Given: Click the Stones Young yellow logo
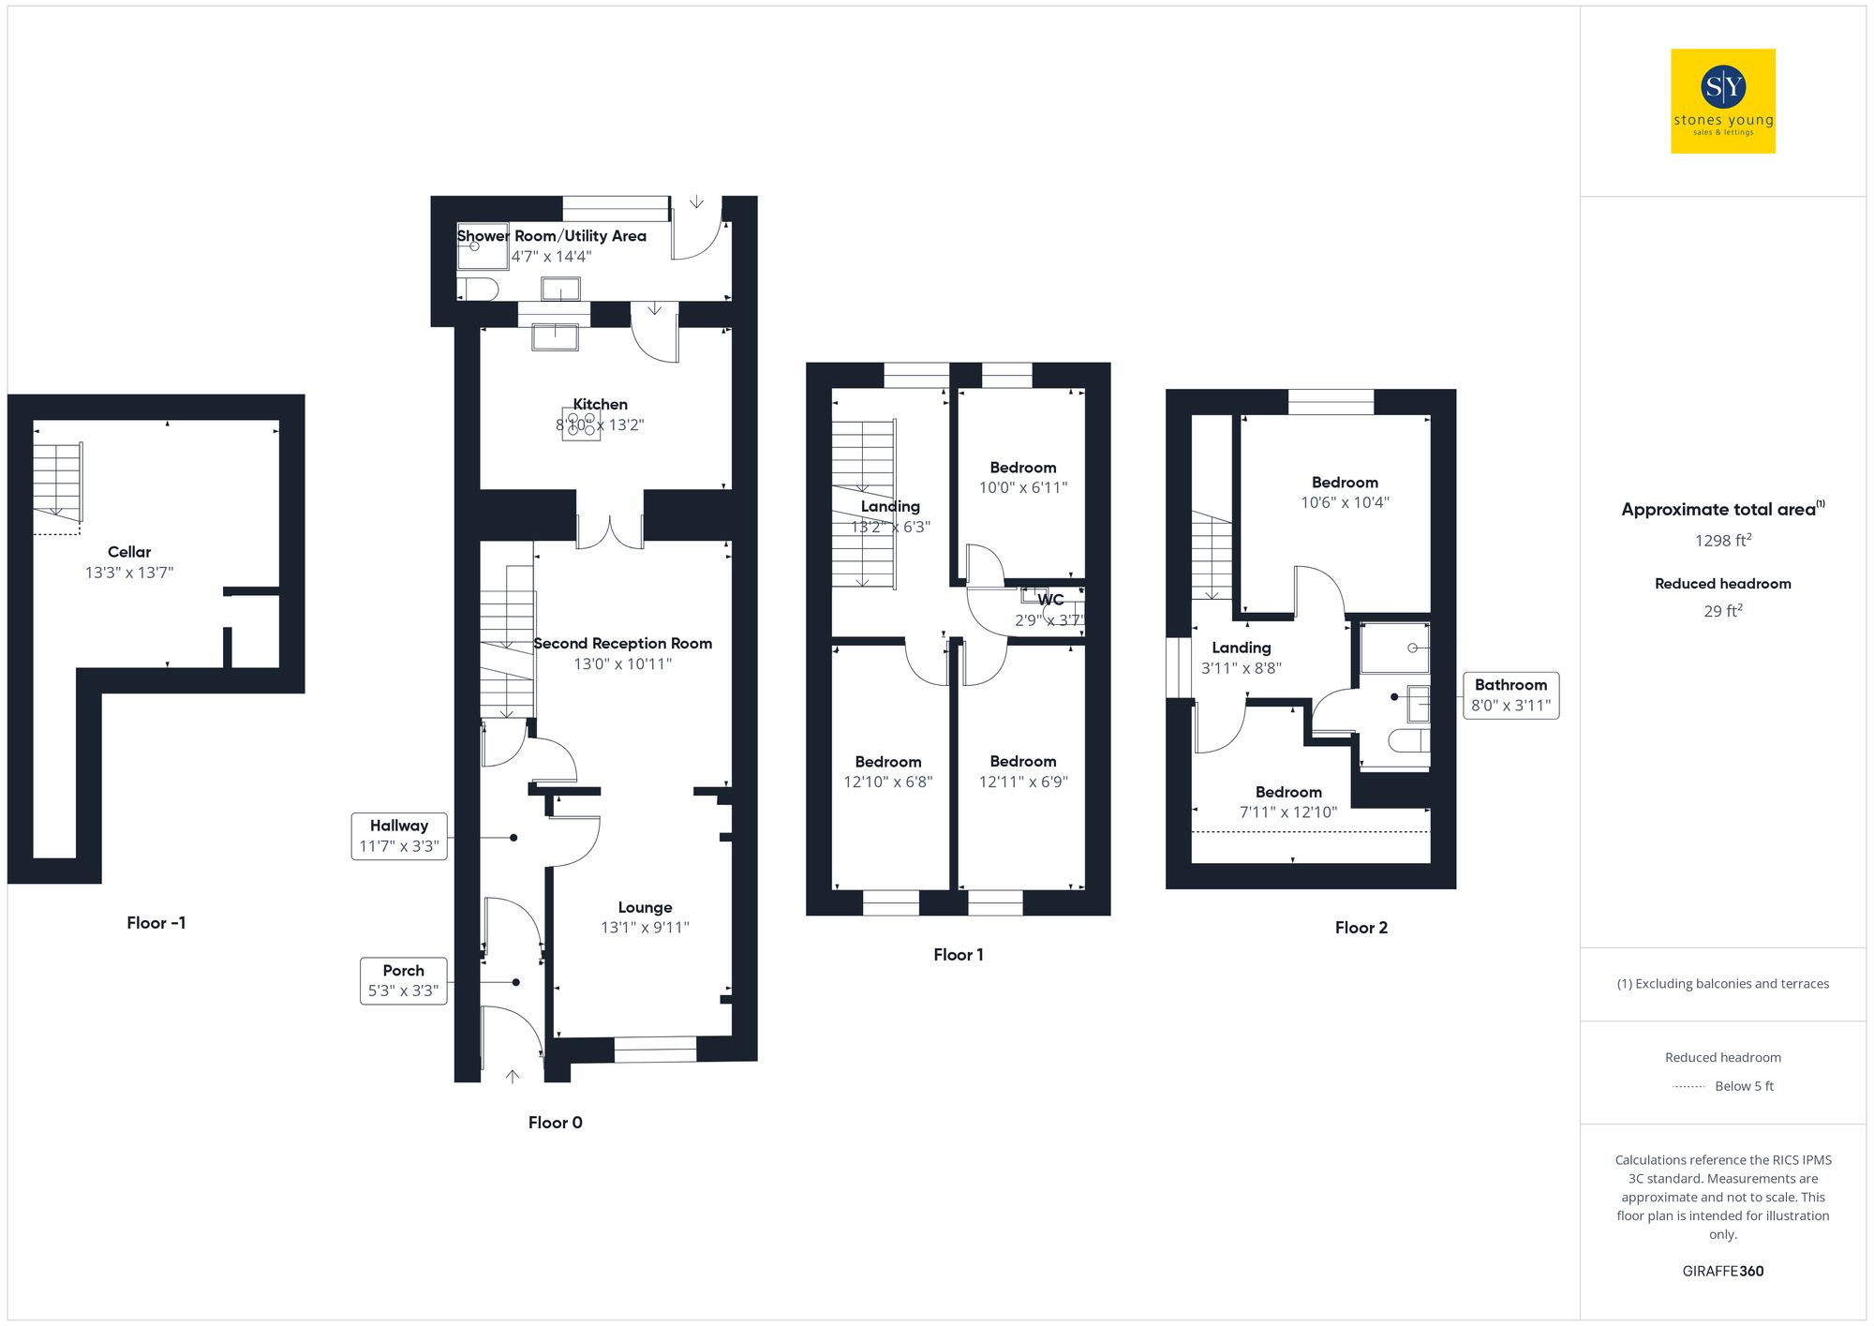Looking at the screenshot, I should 1722,101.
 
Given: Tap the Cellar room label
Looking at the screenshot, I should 129,552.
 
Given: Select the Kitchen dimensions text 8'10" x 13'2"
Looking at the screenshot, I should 600,425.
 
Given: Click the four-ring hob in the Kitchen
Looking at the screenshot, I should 581,424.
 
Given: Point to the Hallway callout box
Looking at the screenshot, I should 399,836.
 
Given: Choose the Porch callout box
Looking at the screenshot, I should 404,980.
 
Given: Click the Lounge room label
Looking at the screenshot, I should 645,907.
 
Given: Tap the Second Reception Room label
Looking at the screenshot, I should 622,644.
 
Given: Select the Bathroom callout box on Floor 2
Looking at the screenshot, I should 1510,695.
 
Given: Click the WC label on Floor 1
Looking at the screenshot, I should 1050,600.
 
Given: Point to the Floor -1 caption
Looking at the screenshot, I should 156,923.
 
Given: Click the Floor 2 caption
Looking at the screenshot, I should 1361,928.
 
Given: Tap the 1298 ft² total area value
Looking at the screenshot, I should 1722,541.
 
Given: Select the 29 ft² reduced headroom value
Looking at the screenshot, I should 1722,611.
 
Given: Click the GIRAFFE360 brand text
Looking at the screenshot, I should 1722,1272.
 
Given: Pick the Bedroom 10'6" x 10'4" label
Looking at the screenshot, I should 1345,483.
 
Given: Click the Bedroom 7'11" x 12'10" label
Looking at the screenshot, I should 1288,793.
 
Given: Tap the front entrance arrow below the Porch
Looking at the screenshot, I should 513,1077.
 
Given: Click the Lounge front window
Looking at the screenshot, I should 656,1049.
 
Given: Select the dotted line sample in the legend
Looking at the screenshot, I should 1688,1087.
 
